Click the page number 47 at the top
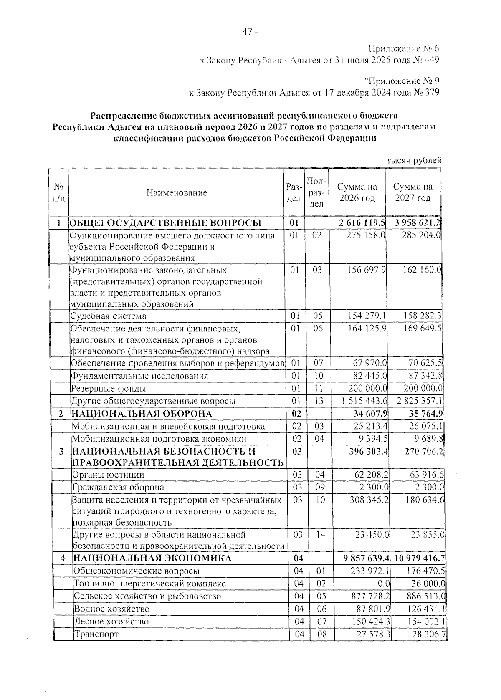(247, 32)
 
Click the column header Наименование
(177, 192)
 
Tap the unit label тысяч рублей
(414, 160)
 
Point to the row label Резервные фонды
(108, 389)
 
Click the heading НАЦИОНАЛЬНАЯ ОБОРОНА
(142, 414)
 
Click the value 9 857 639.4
(365, 558)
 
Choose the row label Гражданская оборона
(118, 487)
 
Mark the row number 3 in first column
(61, 451)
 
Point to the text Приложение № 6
(404, 49)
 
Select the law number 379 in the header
(432, 93)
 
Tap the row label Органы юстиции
(109, 475)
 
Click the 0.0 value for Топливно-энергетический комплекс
(384, 584)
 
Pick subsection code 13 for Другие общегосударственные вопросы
(319, 401)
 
